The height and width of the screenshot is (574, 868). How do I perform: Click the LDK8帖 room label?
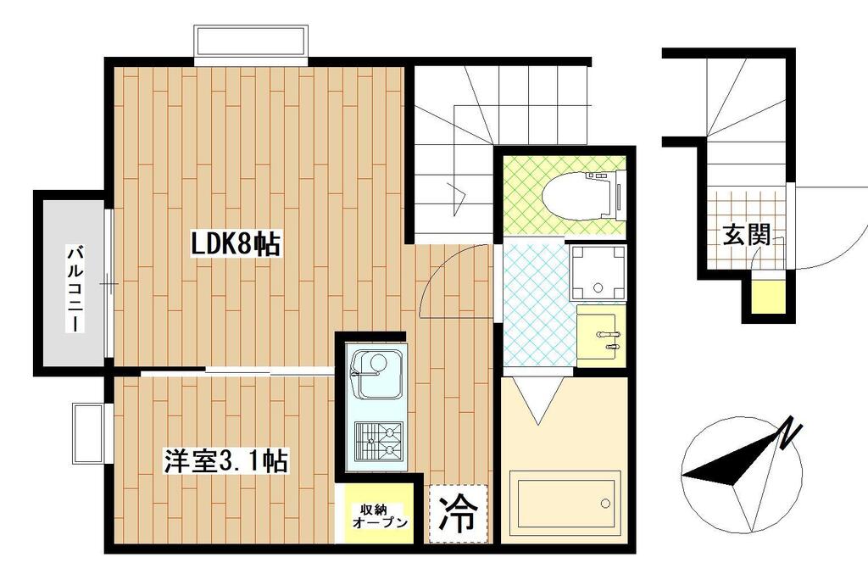[x=236, y=244]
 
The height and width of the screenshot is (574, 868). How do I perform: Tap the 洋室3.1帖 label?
[x=225, y=461]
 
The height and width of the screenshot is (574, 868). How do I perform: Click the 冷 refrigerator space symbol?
[x=459, y=513]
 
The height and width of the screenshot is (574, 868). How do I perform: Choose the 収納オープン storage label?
[x=381, y=515]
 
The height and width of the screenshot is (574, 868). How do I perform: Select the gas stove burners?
[x=379, y=440]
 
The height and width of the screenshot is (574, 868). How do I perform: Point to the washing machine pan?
[x=598, y=272]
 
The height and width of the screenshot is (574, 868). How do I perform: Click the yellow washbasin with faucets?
[x=601, y=336]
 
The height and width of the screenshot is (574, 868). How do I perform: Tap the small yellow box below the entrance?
[x=768, y=296]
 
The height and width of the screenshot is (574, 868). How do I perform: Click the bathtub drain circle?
[x=605, y=503]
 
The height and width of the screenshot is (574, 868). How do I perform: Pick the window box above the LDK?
[x=251, y=41]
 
